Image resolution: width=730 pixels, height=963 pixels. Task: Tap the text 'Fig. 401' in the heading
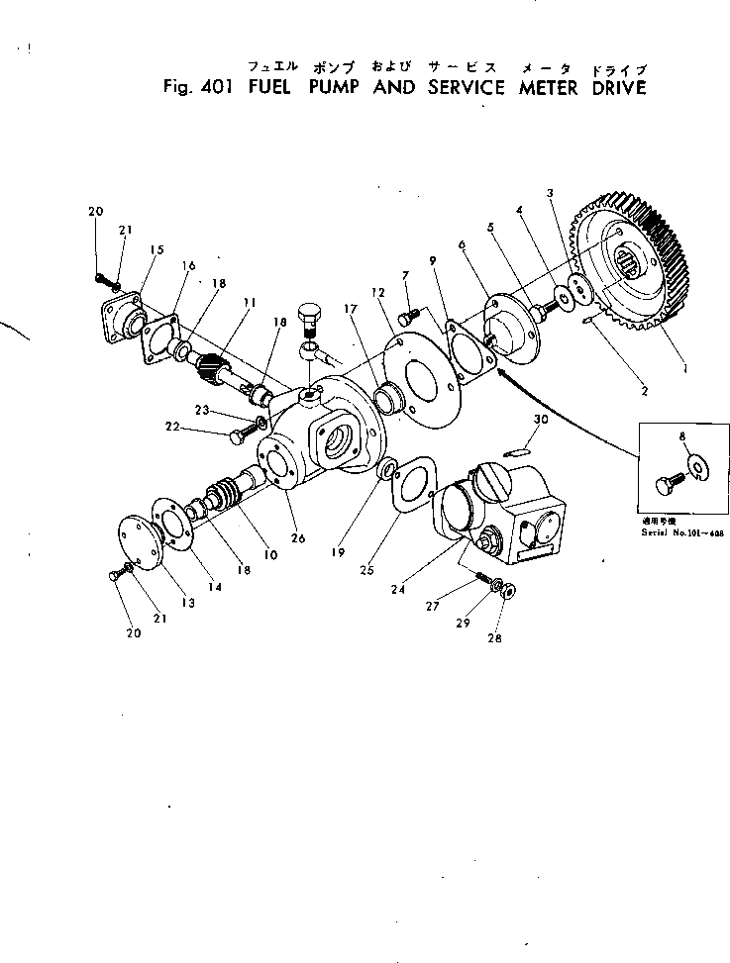click(196, 87)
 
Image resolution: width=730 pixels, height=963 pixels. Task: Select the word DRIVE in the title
click(613, 87)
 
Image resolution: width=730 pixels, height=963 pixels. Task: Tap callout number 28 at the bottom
click(494, 638)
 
